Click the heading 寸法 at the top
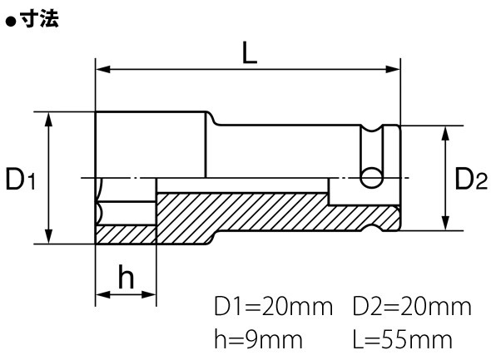tap(39, 19)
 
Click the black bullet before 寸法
tap(11, 22)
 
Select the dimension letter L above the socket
tap(250, 53)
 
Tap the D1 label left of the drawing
tap(21, 179)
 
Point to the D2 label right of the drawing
tap(471, 179)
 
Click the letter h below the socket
tap(126, 277)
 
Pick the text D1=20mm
tap(273, 307)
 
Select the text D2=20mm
tap(412, 307)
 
